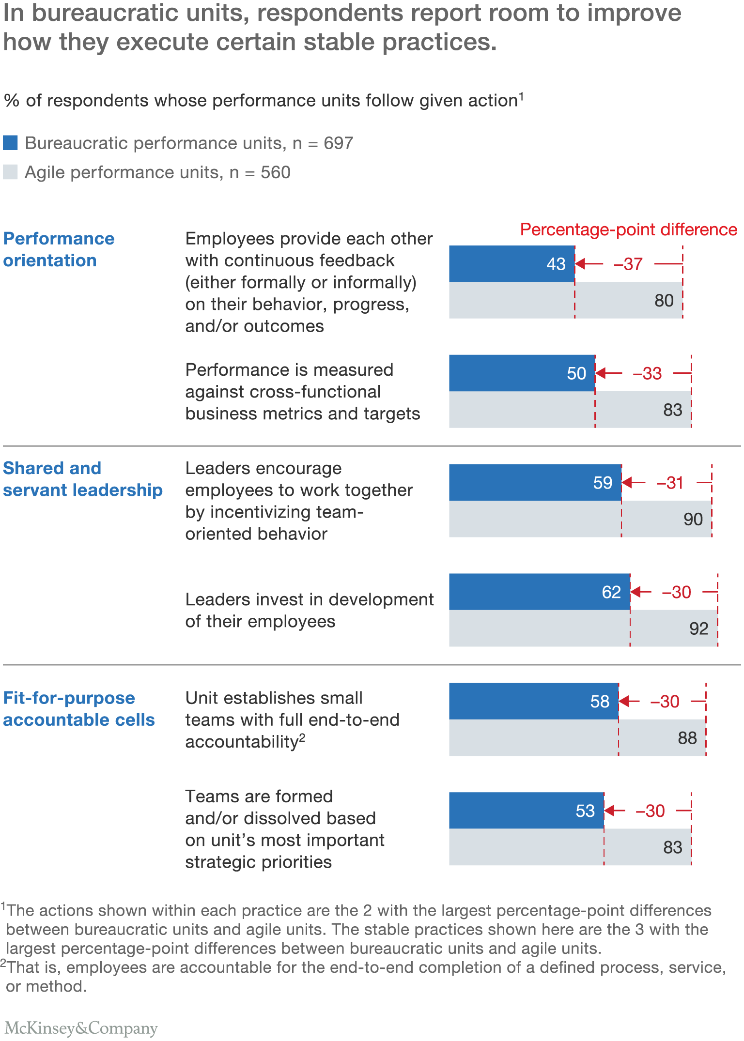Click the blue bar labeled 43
coord(511,264)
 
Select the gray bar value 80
coord(664,301)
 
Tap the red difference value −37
coord(628,264)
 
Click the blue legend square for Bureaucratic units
coord(10,143)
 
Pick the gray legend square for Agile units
coord(10,172)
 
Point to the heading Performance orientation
coord(58,249)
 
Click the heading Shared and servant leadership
coord(82,479)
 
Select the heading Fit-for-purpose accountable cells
coord(78,709)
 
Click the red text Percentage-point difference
coord(628,230)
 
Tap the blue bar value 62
coord(611,592)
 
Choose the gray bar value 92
coord(698,628)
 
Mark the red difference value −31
coord(670,483)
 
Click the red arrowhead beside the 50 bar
coord(601,373)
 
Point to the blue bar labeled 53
coord(526,811)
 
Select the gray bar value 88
coord(687,738)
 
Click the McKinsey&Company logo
coord(81,1027)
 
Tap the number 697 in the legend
coord(338,143)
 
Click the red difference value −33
coord(647,374)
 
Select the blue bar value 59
coord(603,483)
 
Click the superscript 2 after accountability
coord(302,737)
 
